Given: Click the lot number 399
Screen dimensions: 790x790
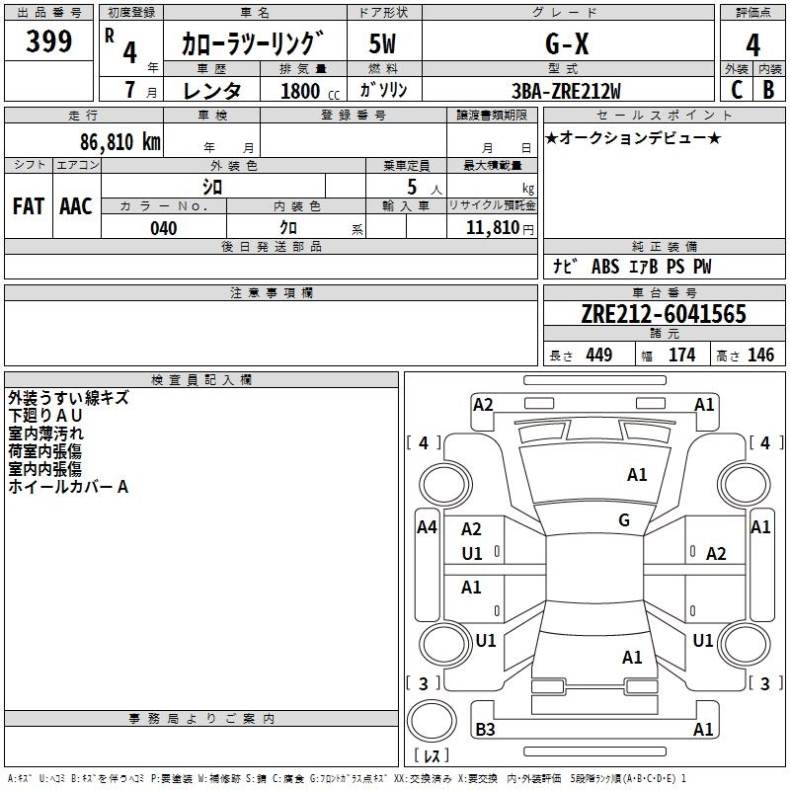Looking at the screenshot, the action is (x=49, y=41).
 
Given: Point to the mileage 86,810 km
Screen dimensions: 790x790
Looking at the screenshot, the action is (x=119, y=142).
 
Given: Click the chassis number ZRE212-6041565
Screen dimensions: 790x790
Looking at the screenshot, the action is (x=664, y=314).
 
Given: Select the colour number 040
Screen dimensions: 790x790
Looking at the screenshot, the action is (x=164, y=228).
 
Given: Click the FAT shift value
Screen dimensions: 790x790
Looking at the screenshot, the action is (x=29, y=205).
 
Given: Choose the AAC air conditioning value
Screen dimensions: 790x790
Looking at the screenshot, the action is (x=76, y=205).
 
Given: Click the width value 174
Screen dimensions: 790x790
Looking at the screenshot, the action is (x=681, y=355).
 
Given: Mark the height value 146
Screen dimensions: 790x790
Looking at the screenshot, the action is (x=760, y=355).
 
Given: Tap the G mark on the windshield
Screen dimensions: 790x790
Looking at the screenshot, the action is (x=624, y=520).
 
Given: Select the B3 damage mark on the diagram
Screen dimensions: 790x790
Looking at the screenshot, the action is (x=486, y=730).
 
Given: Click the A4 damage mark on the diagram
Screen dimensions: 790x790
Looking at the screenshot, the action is (x=427, y=527).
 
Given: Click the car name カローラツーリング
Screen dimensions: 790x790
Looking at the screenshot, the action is (x=253, y=44).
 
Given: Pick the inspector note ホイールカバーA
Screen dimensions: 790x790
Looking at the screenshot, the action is (x=68, y=487).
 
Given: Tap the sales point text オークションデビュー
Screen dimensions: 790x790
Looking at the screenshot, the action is (x=632, y=137).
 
